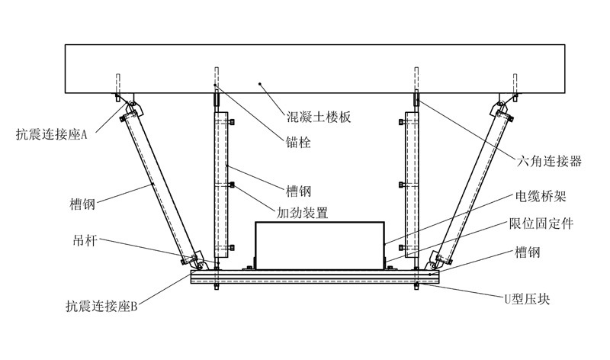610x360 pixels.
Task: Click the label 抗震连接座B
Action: [x=101, y=307]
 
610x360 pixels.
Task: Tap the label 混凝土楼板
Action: [x=312, y=118]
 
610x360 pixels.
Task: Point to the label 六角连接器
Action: [x=550, y=161]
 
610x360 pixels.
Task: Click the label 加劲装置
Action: [x=303, y=213]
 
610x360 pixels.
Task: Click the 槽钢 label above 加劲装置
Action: [x=300, y=190]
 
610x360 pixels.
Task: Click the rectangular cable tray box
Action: [x=318, y=243]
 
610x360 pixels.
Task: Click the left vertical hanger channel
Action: [x=221, y=187]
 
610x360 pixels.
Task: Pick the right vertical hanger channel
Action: [x=412, y=187]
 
